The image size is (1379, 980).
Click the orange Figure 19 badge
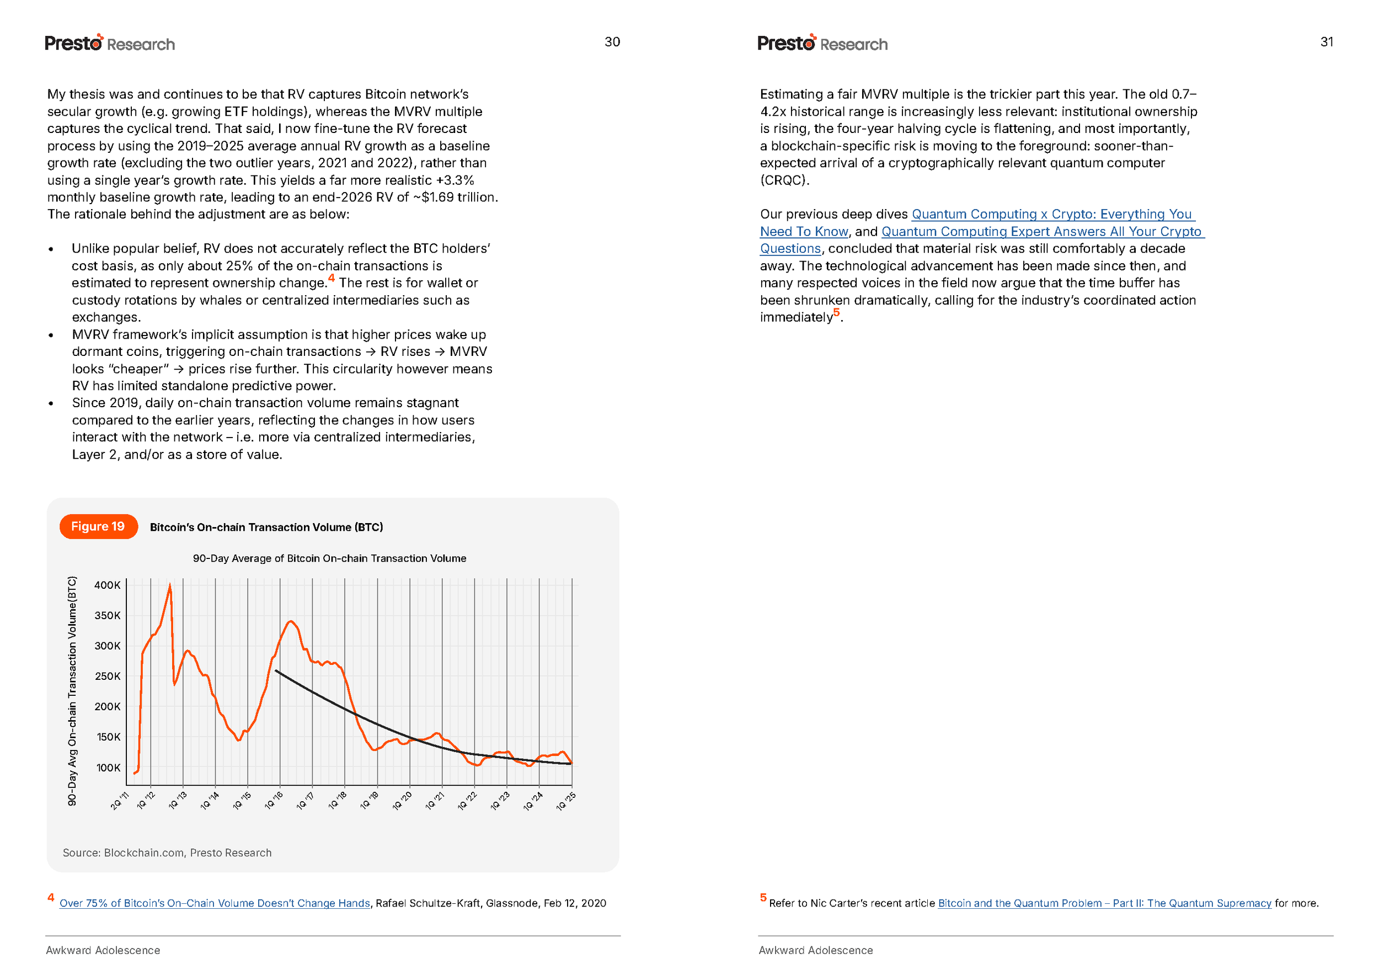click(x=98, y=526)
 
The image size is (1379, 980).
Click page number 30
click(x=612, y=41)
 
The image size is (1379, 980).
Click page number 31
click(x=1326, y=41)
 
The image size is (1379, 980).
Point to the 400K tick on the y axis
click(x=108, y=585)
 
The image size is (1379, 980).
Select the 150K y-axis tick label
click(x=108, y=737)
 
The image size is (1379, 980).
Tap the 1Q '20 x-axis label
click(x=402, y=801)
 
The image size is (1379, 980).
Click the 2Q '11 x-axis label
click(x=120, y=801)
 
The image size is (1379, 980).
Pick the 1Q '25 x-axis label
click(x=566, y=801)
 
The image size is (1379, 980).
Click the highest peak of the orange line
click(x=169, y=585)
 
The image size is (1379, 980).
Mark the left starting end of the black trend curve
click(x=276, y=670)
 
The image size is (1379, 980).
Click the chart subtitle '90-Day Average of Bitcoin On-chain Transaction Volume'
click(x=329, y=558)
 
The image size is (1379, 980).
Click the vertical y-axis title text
click(x=72, y=690)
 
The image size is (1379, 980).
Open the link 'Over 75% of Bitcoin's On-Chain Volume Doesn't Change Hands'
click(x=214, y=903)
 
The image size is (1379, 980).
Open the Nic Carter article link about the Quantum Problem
click(x=1104, y=903)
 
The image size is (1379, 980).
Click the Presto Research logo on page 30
click(x=110, y=43)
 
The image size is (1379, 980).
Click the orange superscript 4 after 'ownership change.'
click(x=331, y=278)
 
